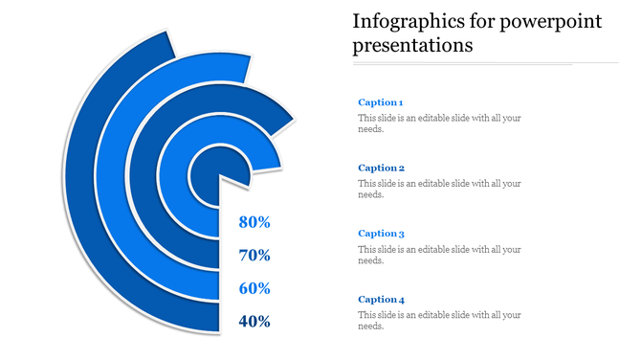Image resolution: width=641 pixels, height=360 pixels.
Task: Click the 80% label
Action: (254, 223)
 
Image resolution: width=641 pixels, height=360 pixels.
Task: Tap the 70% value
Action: (254, 256)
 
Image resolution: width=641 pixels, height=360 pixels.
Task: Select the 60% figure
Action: (254, 288)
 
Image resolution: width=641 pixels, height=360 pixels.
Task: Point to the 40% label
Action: (254, 322)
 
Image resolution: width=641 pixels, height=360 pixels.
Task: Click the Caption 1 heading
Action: (381, 102)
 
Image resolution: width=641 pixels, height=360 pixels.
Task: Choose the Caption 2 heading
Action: (381, 168)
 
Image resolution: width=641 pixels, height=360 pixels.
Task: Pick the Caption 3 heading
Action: (381, 234)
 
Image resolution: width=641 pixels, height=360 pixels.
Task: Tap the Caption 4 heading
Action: (381, 300)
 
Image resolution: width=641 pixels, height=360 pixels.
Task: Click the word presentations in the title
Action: (412, 45)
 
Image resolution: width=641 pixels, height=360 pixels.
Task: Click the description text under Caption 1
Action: (439, 124)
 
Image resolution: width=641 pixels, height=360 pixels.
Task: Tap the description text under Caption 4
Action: (439, 321)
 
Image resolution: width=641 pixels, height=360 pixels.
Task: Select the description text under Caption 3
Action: (439, 255)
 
